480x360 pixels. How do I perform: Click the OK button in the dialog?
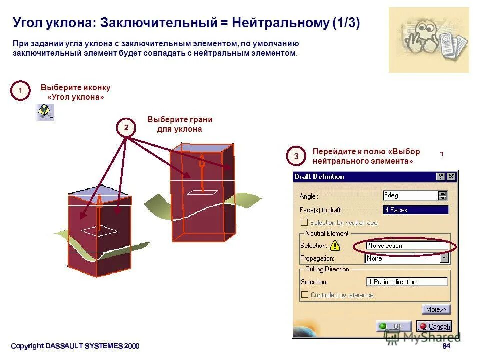(393, 326)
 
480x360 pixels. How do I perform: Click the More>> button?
(436, 309)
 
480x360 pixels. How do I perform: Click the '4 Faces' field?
(415, 210)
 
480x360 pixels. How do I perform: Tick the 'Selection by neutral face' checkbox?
(304, 222)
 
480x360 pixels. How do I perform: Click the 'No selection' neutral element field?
(407, 246)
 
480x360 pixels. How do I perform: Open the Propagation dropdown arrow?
(444, 258)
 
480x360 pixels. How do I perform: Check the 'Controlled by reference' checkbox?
(304, 295)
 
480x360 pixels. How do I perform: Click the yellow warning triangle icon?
(335, 246)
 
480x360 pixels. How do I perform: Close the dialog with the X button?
(451, 177)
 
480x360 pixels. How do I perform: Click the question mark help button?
(440, 177)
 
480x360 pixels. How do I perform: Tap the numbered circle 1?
(20, 91)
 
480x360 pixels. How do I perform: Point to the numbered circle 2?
(126, 128)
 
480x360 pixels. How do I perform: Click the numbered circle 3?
(296, 156)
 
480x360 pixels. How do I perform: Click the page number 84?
(446, 346)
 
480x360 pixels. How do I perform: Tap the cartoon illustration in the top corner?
(429, 40)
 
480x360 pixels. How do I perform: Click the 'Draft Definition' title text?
(319, 177)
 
